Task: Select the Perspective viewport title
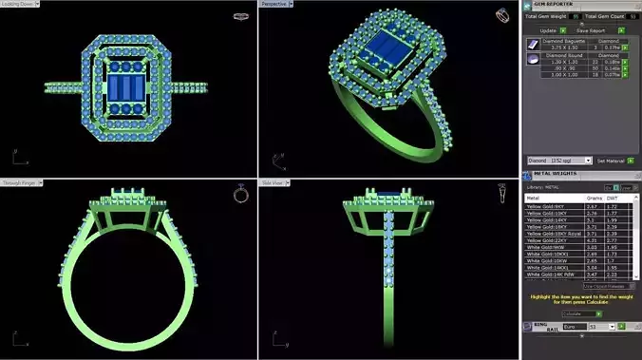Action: pyautogui.click(x=274, y=4)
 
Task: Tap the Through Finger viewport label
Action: pyautogui.click(x=18, y=182)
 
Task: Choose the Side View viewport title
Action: pyautogui.click(x=273, y=182)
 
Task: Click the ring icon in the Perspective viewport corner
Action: pyautogui.click(x=501, y=15)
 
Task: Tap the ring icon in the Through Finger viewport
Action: pyautogui.click(x=241, y=194)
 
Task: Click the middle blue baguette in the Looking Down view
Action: pyautogui.click(x=128, y=87)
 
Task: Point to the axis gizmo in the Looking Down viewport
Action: pyautogui.click(x=17, y=157)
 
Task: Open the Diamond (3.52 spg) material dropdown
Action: pyautogui.click(x=559, y=161)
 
